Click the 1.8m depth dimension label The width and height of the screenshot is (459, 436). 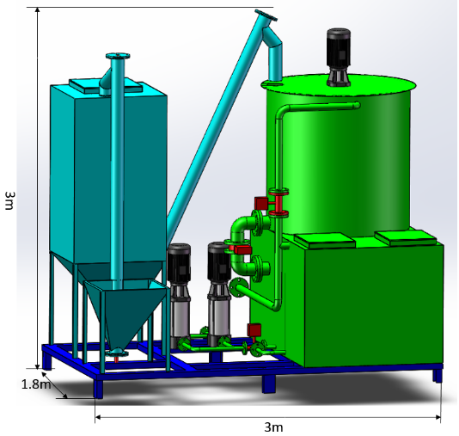point(36,384)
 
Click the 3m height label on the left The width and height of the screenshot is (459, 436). point(9,200)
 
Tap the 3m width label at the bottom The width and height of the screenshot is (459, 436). point(273,427)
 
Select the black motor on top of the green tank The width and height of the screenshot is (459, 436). point(339,56)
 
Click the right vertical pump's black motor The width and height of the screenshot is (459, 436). point(219,262)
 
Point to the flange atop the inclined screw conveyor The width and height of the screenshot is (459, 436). point(266,15)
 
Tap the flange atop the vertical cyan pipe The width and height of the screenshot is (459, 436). point(118,56)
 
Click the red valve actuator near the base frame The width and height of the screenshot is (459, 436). point(254,329)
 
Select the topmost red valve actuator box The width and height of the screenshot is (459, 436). point(261,203)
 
